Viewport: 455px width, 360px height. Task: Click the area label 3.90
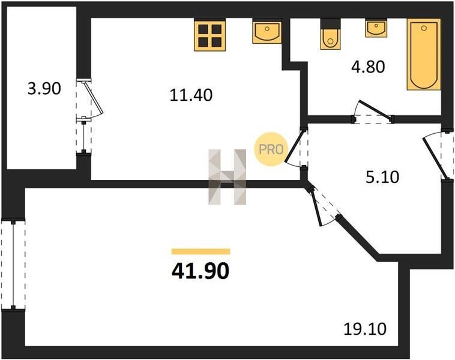click(x=44, y=89)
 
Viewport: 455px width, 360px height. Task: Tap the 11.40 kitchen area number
click(x=191, y=95)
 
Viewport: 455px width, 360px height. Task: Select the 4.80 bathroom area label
click(x=368, y=67)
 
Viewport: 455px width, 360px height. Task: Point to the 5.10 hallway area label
click(x=382, y=177)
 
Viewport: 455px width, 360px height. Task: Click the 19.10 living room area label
click(x=365, y=329)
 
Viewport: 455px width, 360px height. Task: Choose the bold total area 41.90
click(x=200, y=272)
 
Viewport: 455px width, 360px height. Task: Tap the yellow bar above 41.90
click(x=201, y=251)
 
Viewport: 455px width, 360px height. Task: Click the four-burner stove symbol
click(x=210, y=35)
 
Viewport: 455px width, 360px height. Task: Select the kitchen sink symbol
click(x=267, y=32)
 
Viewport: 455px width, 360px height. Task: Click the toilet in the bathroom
click(x=330, y=34)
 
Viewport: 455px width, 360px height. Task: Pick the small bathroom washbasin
click(x=376, y=28)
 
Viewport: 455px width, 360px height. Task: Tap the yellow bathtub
click(x=424, y=55)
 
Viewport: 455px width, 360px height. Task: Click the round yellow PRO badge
click(x=271, y=149)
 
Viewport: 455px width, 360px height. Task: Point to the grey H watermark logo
click(x=227, y=177)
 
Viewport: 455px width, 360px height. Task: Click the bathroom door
click(x=373, y=113)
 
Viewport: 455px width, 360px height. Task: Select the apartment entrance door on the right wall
click(x=439, y=156)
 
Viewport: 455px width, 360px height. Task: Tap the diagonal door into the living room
click(x=322, y=206)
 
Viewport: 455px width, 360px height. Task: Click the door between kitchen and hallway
click(x=297, y=148)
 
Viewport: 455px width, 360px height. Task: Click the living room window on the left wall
click(x=13, y=265)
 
